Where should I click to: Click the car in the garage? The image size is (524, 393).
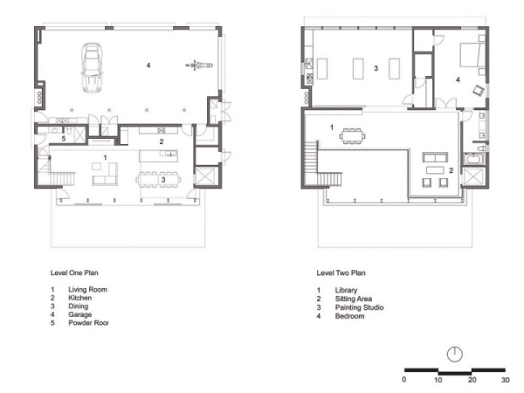click(x=92, y=68)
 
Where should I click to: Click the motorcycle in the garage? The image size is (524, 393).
click(x=199, y=65)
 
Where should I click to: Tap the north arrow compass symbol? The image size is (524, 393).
click(x=455, y=354)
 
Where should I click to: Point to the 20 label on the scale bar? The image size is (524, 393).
click(x=472, y=380)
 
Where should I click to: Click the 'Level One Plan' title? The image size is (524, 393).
click(x=74, y=272)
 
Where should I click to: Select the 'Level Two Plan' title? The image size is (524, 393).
click(x=341, y=273)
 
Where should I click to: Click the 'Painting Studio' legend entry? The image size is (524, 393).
click(x=359, y=307)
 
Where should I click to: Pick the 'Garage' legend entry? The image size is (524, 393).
click(x=79, y=314)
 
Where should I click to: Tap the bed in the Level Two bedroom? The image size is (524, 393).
click(x=472, y=54)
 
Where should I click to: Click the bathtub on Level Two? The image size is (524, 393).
click(x=473, y=158)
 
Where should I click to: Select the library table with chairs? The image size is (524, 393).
click(x=352, y=136)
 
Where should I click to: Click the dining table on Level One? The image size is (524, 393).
click(x=158, y=180)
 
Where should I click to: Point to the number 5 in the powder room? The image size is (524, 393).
click(x=64, y=138)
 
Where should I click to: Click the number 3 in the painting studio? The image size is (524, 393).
click(x=376, y=68)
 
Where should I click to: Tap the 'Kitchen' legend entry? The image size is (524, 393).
click(x=79, y=298)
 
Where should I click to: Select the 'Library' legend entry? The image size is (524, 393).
click(x=346, y=290)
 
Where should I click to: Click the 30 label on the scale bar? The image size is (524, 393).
click(x=506, y=380)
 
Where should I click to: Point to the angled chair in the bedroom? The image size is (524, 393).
click(x=479, y=90)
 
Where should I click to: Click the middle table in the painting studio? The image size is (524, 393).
click(x=358, y=68)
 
